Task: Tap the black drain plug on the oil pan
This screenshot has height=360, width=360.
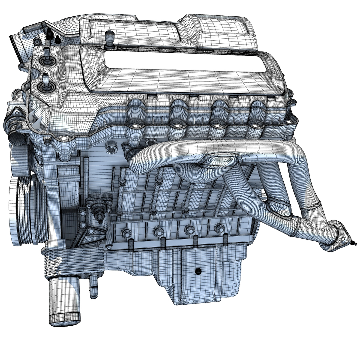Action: [198, 271]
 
